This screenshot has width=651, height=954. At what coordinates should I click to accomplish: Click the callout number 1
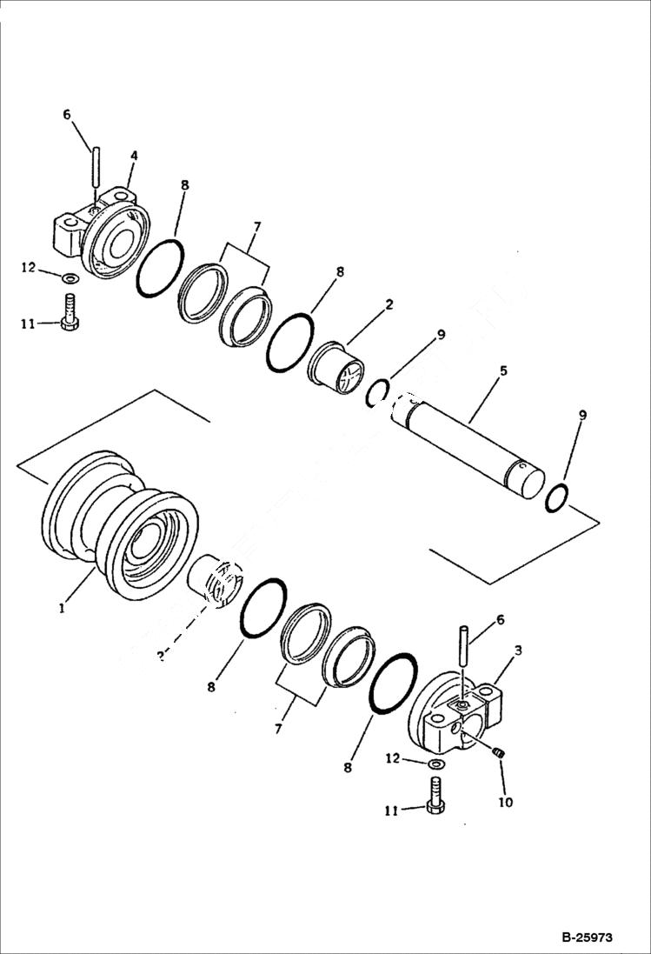coord(62,609)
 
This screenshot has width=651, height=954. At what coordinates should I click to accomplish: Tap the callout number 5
coord(503,370)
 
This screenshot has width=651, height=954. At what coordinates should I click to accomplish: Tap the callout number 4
coord(133,156)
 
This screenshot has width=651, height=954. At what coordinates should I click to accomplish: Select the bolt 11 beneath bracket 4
coord(69,311)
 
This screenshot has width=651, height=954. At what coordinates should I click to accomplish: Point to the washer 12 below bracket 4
coord(69,278)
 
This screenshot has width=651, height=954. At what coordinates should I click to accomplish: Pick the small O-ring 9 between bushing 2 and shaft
coord(377,392)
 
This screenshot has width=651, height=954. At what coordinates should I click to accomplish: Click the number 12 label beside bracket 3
coord(393,758)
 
